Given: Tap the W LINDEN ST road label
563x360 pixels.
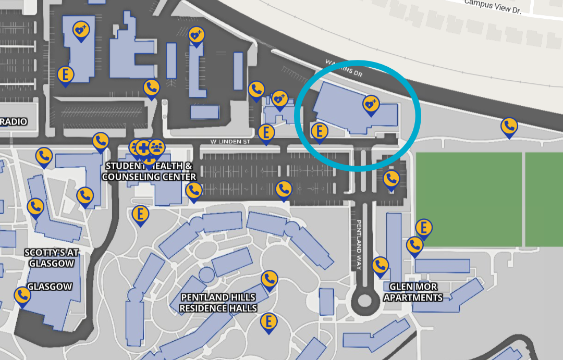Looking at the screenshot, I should pyautogui.click(x=230, y=141).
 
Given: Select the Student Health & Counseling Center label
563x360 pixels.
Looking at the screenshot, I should pyautogui.click(x=149, y=171).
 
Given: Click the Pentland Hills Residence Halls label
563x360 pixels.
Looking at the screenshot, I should pyautogui.click(x=218, y=303).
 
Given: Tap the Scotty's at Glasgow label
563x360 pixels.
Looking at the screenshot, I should pyautogui.click(x=51, y=258).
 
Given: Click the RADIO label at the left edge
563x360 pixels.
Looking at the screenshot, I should pyautogui.click(x=14, y=122).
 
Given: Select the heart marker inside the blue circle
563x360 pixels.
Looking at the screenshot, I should pyautogui.click(x=371, y=104).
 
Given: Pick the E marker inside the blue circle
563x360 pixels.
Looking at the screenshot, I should pyautogui.click(x=320, y=131).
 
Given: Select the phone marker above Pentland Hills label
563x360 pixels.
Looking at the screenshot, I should pyautogui.click(x=269, y=279).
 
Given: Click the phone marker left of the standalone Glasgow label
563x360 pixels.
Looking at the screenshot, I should pyautogui.click(x=22, y=295).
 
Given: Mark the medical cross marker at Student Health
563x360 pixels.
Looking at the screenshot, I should pyautogui.click(x=143, y=147).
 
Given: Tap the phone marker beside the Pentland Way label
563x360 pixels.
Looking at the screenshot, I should pyautogui.click(x=380, y=265).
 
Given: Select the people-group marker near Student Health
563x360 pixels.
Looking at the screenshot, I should pyautogui.click(x=156, y=146).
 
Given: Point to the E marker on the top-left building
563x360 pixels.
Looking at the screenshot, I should pyautogui.click(x=65, y=75).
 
